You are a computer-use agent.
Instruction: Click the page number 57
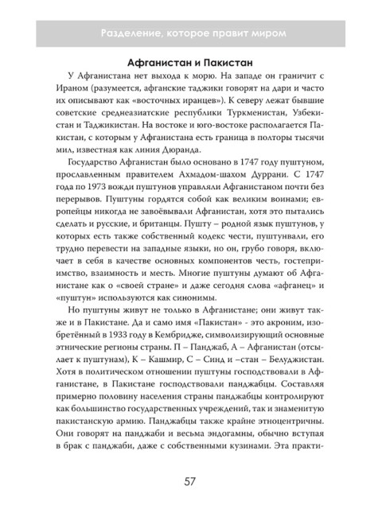(x=190, y=480)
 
